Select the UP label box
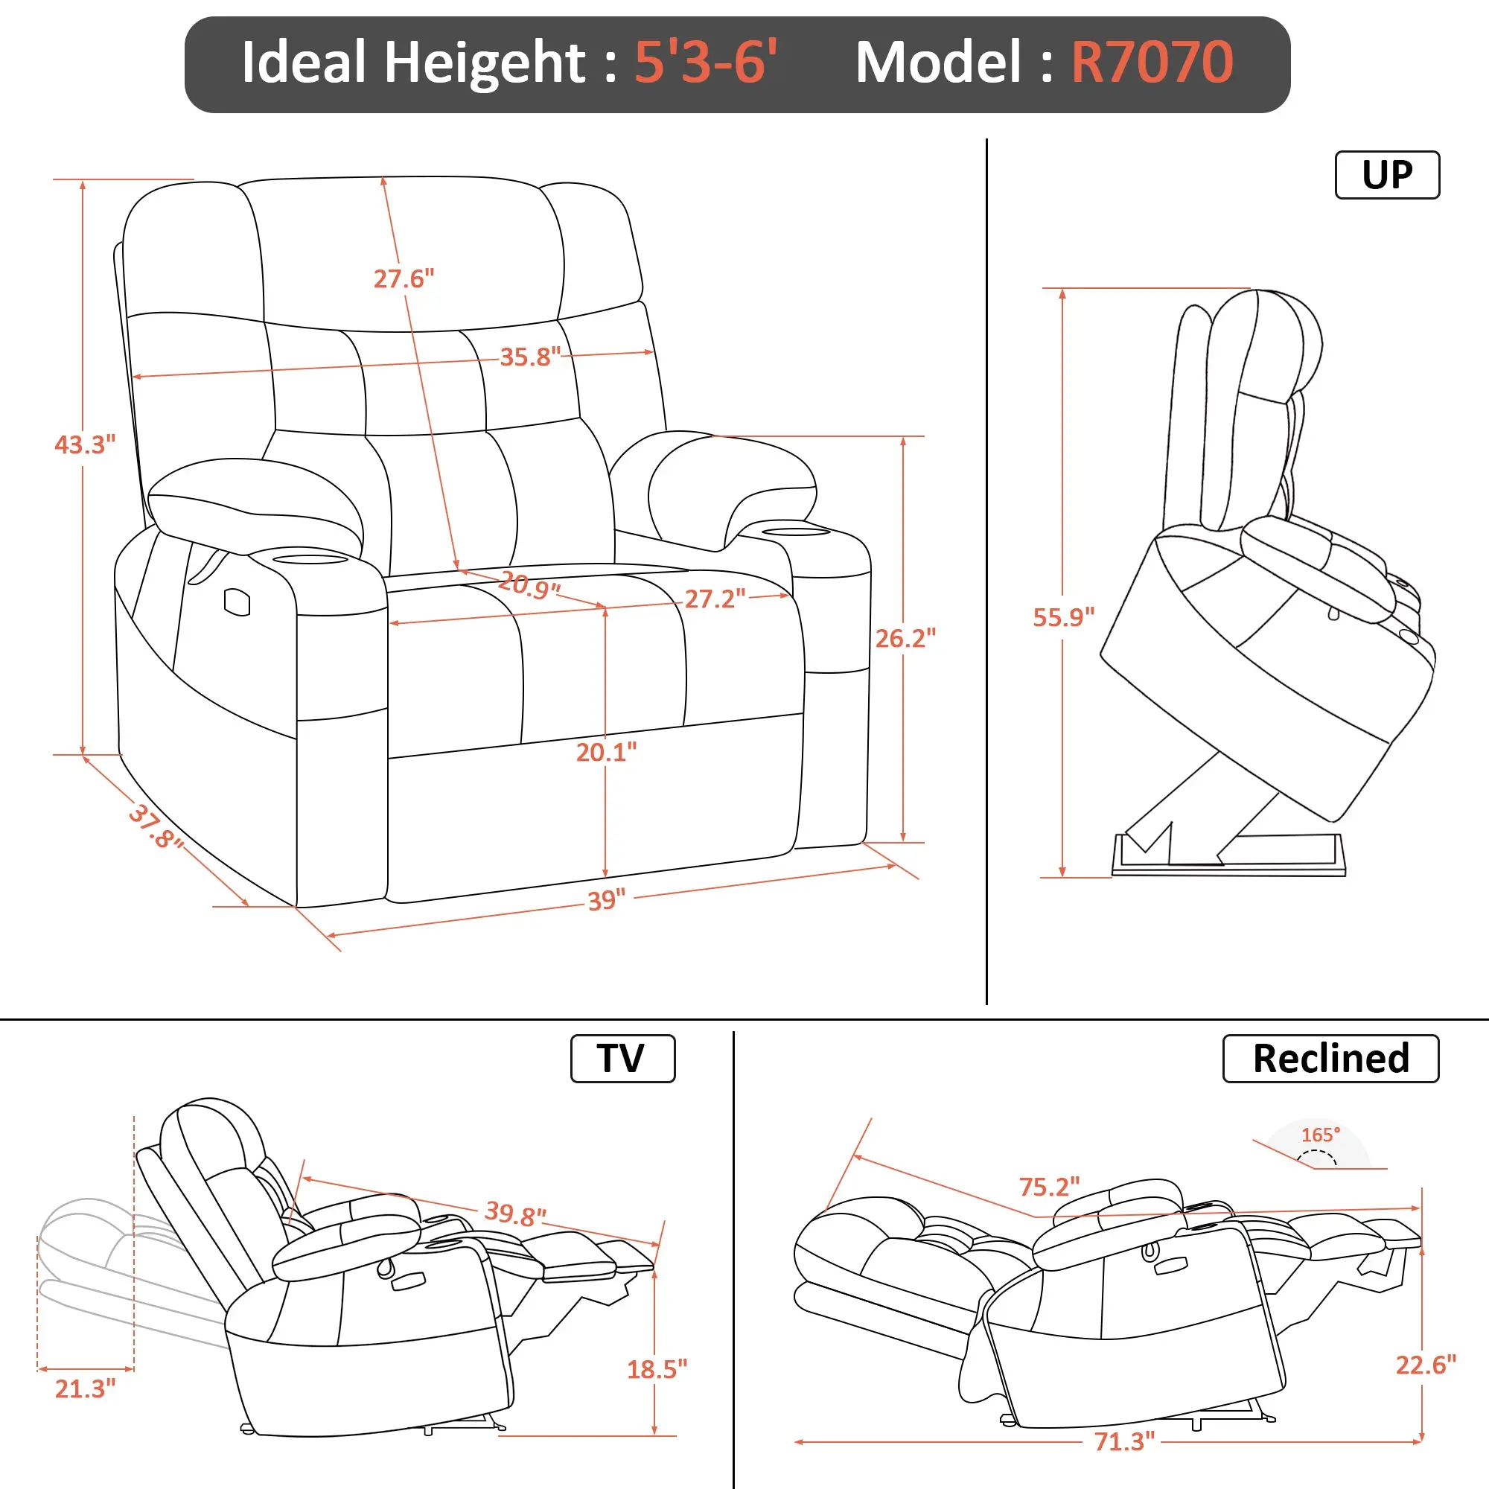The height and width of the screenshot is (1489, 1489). [x=1387, y=175]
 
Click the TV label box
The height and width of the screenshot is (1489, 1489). [x=622, y=1058]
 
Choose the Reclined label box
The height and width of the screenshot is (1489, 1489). [x=1331, y=1058]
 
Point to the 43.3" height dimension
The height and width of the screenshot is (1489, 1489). [x=85, y=444]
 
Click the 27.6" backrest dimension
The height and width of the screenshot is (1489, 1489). [x=404, y=278]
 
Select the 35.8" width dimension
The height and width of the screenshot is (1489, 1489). [x=530, y=357]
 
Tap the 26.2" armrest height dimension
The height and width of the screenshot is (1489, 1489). [x=905, y=638]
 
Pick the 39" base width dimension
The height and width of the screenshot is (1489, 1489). [x=607, y=900]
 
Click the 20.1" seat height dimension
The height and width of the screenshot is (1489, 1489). [x=607, y=751]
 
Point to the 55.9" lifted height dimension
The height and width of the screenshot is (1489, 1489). [x=1064, y=617]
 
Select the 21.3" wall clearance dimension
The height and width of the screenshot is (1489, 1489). [x=85, y=1388]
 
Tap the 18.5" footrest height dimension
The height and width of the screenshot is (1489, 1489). [x=657, y=1369]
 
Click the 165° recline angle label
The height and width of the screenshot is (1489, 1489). [x=1321, y=1135]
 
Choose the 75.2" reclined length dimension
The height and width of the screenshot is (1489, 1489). [x=1050, y=1186]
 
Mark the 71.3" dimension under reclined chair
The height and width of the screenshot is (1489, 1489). [x=1124, y=1441]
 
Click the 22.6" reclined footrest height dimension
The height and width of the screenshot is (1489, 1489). [x=1426, y=1365]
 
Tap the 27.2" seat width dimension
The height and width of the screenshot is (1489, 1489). [x=715, y=599]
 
